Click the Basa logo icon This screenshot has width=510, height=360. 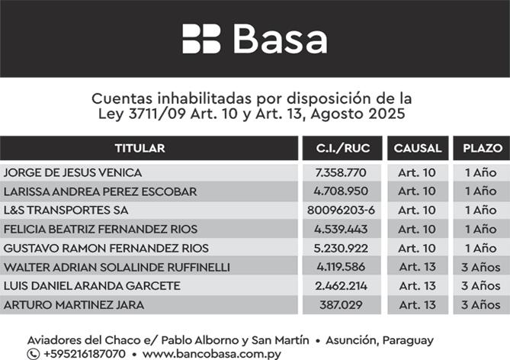click(x=201, y=39)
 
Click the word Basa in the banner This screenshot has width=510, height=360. click(x=279, y=39)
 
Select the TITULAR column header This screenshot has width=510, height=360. click(x=140, y=148)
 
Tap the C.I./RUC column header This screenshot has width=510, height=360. click(x=341, y=148)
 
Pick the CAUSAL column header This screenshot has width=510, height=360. click(x=417, y=148)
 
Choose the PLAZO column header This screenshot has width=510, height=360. click(x=482, y=148)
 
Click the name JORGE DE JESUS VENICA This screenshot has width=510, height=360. click(x=72, y=172)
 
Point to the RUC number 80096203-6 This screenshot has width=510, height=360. click(x=341, y=210)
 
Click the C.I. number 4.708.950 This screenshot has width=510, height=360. click(x=341, y=191)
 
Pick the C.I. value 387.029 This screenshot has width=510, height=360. click(x=341, y=305)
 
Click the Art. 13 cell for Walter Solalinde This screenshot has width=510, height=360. click(x=417, y=267)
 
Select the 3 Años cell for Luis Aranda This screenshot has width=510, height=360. click(x=481, y=286)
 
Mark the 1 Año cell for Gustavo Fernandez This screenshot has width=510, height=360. click(x=481, y=248)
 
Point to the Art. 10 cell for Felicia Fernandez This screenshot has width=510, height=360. click(x=417, y=229)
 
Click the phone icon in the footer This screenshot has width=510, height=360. click(x=33, y=354)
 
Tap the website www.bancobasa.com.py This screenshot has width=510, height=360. click(x=211, y=354)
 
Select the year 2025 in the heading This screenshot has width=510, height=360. click(x=385, y=114)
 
